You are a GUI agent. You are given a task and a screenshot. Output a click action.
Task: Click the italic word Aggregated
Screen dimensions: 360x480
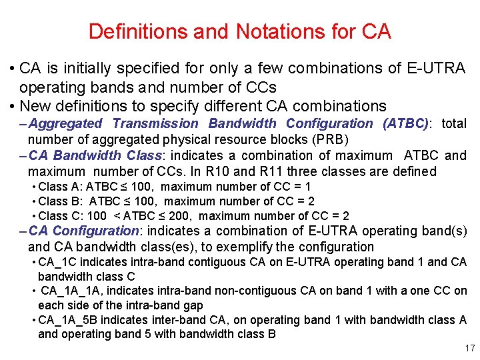coord(65,123)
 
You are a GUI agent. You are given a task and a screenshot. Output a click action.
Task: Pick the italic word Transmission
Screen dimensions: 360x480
coord(155,123)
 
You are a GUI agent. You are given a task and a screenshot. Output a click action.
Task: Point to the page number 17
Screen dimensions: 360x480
coord(469,348)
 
